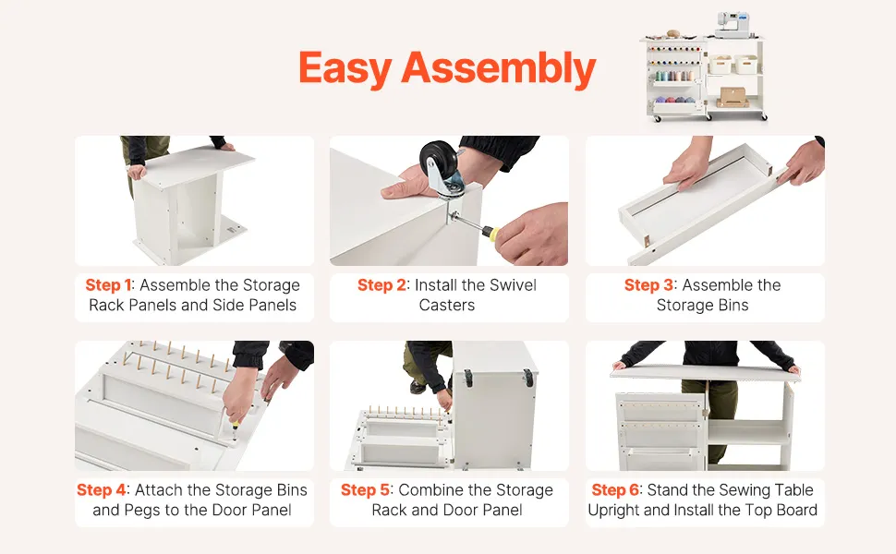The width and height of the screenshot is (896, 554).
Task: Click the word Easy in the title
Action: click(344, 68)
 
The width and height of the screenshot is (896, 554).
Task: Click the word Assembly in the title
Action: click(498, 68)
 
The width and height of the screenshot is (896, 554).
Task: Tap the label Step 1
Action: click(108, 285)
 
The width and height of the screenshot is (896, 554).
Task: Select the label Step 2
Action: click(381, 285)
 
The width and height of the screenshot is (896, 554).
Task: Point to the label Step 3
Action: click(648, 285)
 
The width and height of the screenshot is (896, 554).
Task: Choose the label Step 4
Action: click(101, 490)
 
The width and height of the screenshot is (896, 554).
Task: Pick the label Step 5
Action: click(365, 490)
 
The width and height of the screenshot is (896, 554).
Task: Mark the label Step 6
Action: click(616, 490)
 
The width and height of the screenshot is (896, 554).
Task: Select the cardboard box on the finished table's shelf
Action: click(733, 97)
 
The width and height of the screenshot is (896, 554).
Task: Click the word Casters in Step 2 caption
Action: click(447, 305)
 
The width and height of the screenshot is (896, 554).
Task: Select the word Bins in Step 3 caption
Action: click(733, 305)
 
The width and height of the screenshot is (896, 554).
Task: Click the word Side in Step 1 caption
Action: click(229, 305)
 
